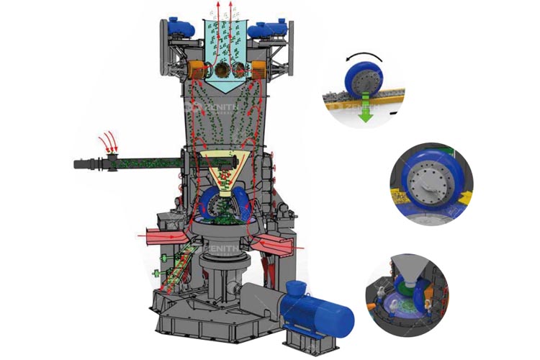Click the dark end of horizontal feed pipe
[81, 165]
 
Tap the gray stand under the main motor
[302, 336]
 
